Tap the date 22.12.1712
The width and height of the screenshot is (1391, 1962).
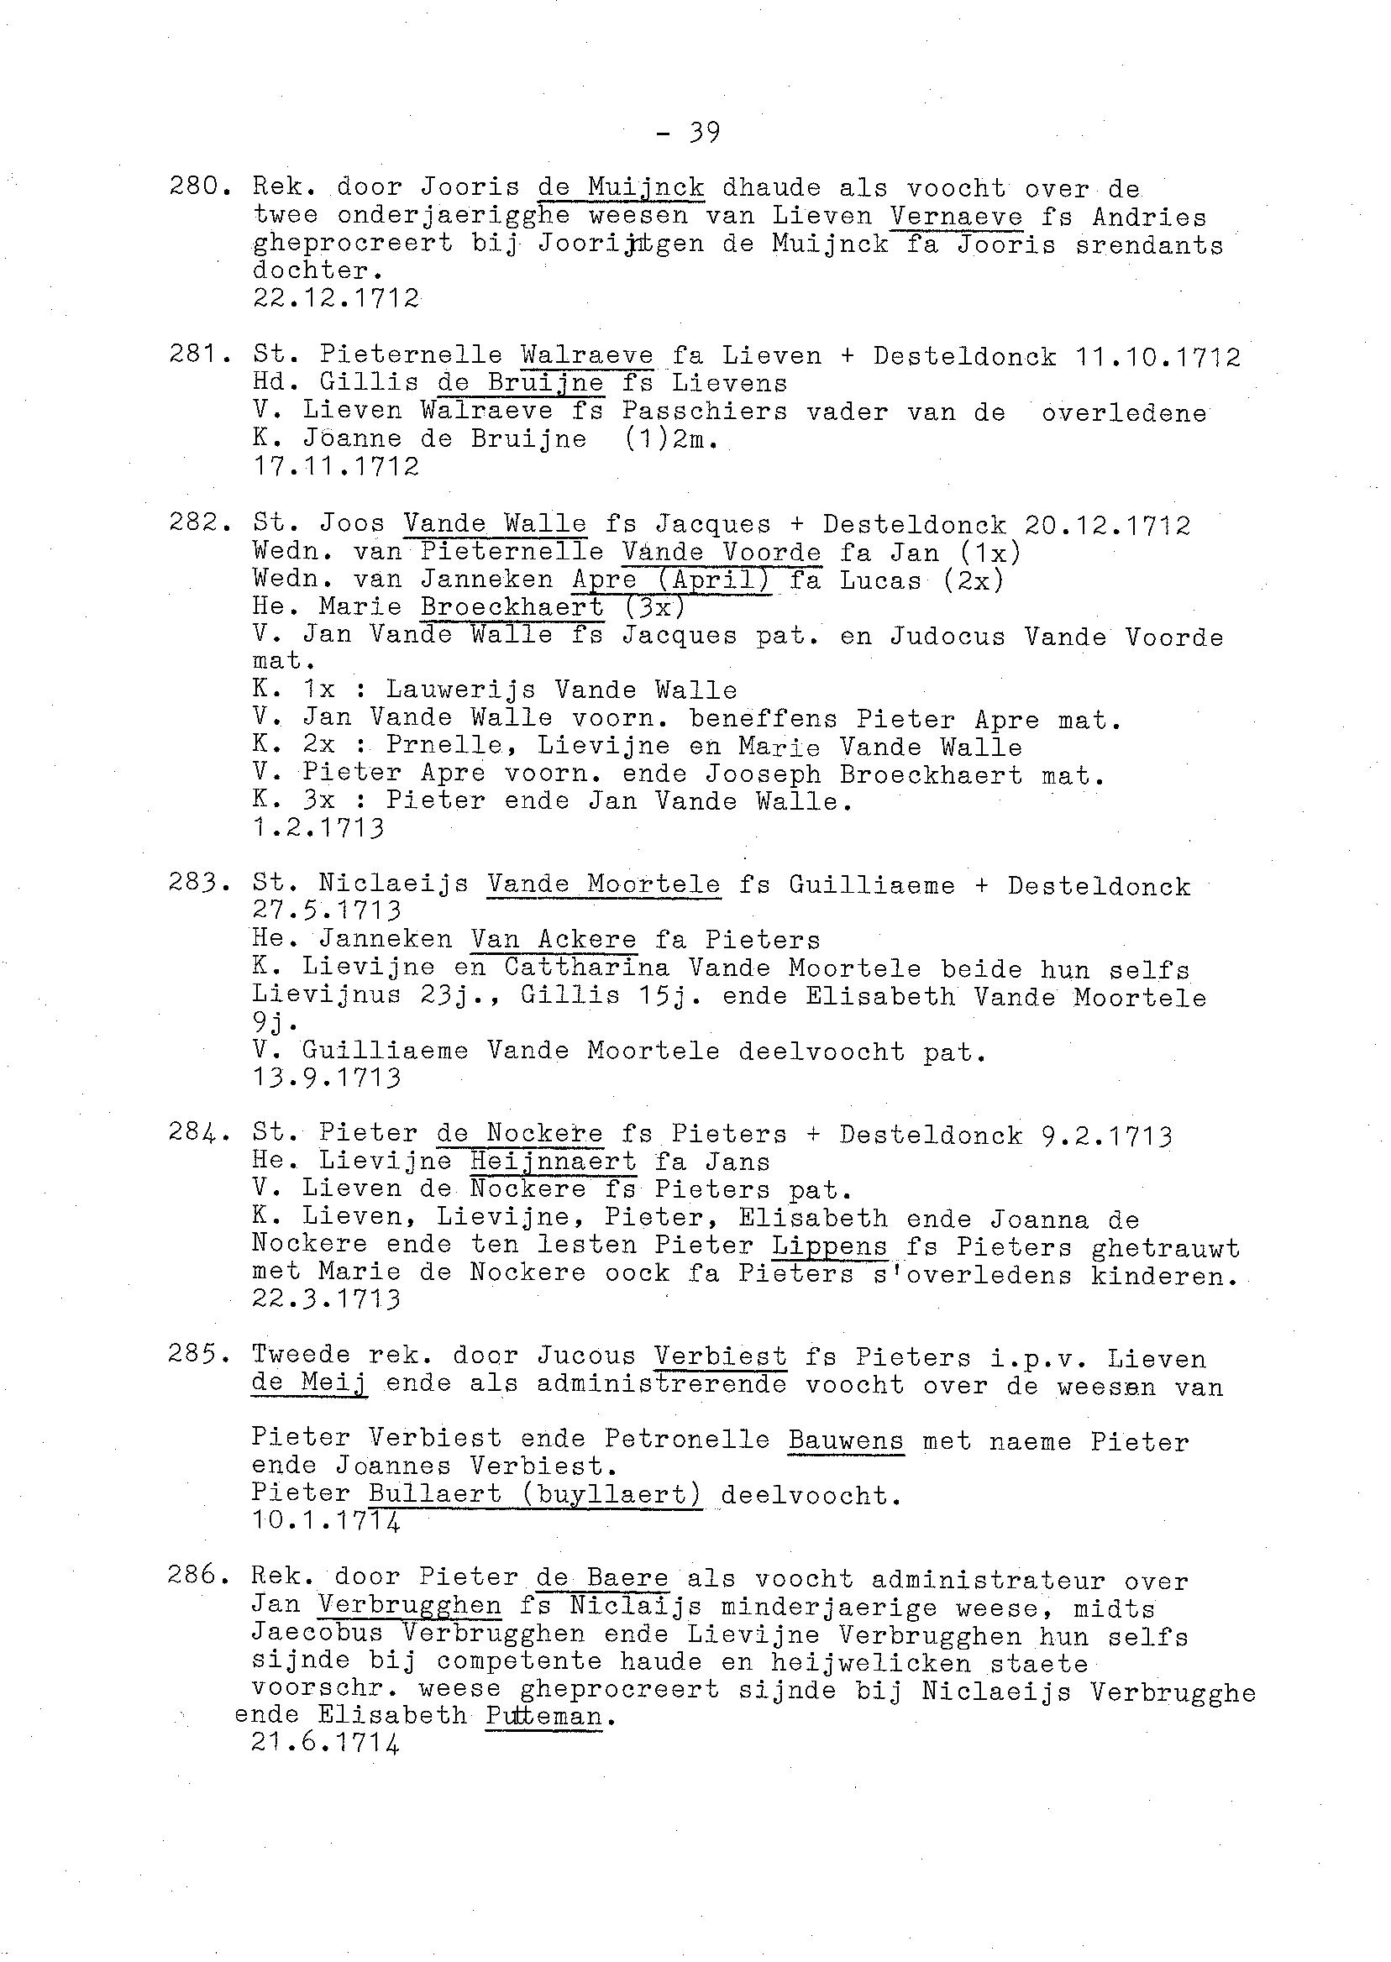(336, 298)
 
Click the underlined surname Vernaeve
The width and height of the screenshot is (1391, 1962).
(956, 217)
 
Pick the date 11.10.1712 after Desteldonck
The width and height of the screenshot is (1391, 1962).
(1157, 355)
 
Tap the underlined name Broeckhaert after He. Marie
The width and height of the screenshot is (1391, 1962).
(512, 607)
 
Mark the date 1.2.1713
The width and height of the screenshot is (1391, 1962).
(318, 828)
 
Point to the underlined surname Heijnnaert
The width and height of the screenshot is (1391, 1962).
(553, 1162)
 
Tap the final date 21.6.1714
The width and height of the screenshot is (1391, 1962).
(325, 1744)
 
